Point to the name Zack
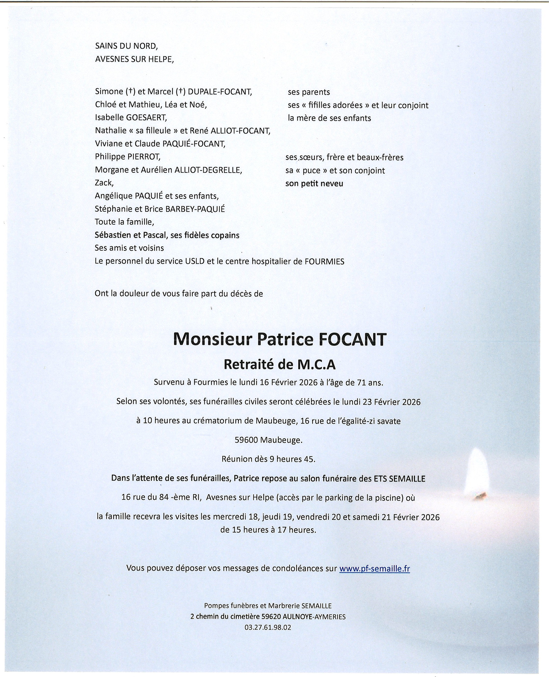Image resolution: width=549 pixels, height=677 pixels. click(104, 183)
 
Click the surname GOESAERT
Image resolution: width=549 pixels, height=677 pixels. click(146, 118)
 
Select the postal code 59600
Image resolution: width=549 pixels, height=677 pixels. click(246, 440)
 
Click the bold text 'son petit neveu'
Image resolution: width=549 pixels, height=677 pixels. click(314, 184)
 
